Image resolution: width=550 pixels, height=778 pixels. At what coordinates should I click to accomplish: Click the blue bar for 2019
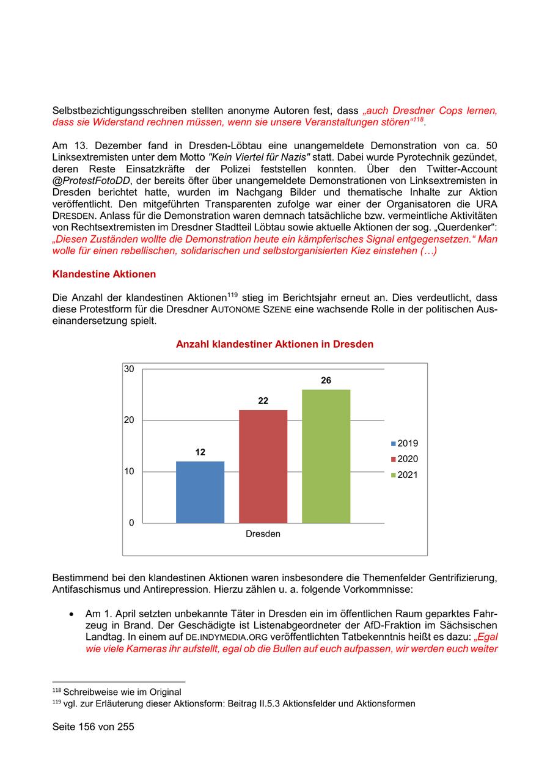point(200,492)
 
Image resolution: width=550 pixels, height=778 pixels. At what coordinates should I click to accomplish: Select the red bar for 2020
point(263,466)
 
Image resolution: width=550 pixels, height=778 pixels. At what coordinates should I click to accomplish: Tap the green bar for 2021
point(326,456)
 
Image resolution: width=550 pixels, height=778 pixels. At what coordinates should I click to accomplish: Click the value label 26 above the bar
point(326,381)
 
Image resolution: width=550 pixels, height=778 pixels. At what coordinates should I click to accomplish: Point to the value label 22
point(263,401)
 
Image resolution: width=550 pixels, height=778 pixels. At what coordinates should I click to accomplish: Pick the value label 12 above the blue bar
point(200,452)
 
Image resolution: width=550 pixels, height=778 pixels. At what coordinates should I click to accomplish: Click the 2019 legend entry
point(405,444)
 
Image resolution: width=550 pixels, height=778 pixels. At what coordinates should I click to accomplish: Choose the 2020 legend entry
point(405,459)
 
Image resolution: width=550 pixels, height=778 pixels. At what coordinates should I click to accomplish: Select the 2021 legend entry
point(405,475)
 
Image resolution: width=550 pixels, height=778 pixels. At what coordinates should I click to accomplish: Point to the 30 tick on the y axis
point(129,369)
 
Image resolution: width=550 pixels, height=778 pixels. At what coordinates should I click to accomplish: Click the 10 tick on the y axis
point(129,472)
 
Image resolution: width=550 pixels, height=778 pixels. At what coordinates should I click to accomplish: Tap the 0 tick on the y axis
point(131,523)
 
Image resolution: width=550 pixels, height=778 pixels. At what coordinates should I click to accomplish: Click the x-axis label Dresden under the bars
point(263,534)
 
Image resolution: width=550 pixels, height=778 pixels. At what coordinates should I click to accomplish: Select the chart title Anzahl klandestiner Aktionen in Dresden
point(274,345)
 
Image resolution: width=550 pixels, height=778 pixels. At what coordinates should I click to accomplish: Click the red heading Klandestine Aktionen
point(104,274)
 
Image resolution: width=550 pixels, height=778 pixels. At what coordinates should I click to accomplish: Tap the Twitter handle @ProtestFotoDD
point(90,180)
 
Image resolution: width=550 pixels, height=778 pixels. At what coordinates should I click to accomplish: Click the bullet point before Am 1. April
point(72,614)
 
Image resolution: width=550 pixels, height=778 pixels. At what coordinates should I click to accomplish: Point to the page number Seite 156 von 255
point(93,727)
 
